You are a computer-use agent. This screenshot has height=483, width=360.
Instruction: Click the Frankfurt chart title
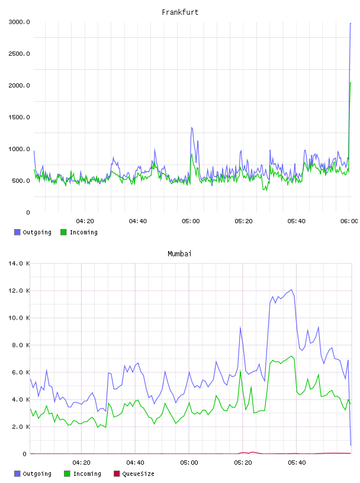tap(180, 12)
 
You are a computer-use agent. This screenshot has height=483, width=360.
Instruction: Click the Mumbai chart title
tap(179, 254)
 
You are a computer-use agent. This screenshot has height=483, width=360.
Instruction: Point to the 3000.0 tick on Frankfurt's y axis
tap(19, 22)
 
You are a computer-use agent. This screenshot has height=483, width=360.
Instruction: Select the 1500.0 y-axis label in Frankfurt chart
tap(19, 117)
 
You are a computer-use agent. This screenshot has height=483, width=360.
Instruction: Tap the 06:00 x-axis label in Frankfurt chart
tap(349, 221)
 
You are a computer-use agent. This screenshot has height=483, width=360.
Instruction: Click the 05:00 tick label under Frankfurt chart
tap(191, 221)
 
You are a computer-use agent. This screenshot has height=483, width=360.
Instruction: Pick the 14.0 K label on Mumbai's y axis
tap(19, 263)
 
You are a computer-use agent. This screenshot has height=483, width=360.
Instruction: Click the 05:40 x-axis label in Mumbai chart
tap(297, 463)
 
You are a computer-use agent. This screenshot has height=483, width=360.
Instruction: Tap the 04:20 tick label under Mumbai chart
tap(81, 463)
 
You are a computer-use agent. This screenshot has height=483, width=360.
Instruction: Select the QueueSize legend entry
tap(134, 474)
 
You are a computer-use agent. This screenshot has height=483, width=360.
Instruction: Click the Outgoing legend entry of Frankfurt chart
tap(33, 232)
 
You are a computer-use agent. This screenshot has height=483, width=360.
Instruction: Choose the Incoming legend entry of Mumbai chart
tap(82, 474)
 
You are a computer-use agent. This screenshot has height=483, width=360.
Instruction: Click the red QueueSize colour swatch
tap(117, 474)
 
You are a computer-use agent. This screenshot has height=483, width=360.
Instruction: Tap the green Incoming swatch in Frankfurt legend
tap(63, 232)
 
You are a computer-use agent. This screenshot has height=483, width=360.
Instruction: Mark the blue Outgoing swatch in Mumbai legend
tap(17, 474)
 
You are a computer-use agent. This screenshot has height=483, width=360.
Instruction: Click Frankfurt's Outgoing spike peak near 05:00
tap(191, 127)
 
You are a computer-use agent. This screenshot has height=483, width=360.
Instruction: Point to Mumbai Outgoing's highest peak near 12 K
tap(291, 289)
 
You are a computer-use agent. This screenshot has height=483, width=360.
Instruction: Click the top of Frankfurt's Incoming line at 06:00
tap(351, 82)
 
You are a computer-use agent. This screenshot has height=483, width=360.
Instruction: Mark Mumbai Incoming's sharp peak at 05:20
tap(241, 371)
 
